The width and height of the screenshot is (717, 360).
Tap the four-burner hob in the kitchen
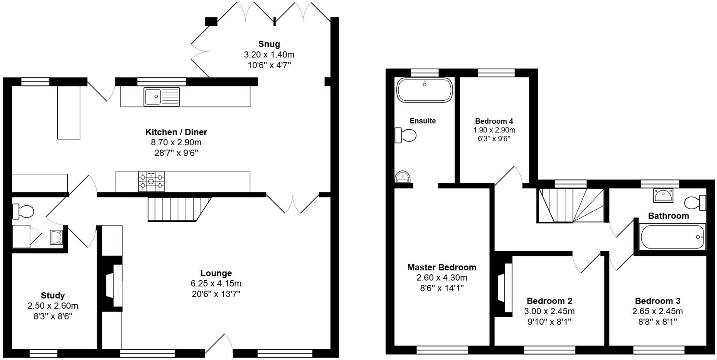click(x=151, y=182)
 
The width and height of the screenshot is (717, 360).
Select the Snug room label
click(x=269, y=44)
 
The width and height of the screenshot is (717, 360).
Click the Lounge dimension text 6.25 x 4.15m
click(x=216, y=284)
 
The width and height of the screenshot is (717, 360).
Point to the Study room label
click(x=53, y=296)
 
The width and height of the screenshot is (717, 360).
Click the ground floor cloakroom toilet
click(x=23, y=211)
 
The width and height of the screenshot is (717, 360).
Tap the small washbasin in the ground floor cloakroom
click(x=56, y=237)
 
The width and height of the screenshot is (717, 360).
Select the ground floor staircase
click(x=177, y=209)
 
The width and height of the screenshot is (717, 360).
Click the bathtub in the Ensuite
click(x=424, y=90)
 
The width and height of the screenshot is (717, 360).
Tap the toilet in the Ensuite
click(x=406, y=135)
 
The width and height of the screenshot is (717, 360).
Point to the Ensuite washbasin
click(x=402, y=177)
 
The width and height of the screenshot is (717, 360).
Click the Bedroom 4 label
click(x=494, y=121)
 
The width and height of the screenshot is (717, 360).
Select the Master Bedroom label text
click(x=442, y=268)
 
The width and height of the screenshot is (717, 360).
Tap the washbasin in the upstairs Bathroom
click(x=663, y=195)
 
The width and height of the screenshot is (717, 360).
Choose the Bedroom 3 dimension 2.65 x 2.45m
click(x=658, y=311)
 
